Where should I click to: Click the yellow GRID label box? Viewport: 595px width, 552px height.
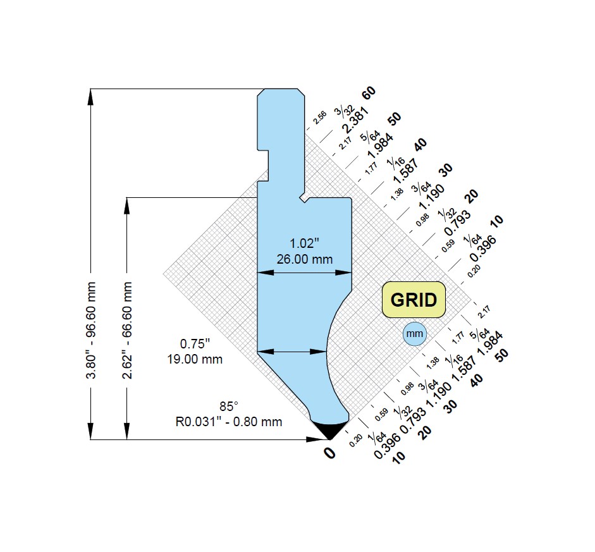click(414, 299)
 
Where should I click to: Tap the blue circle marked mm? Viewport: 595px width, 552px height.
click(414, 333)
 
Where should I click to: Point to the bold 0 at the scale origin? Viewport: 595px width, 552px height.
click(329, 452)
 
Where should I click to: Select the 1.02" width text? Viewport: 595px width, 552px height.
click(305, 243)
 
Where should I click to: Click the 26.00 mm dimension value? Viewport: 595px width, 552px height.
click(305, 259)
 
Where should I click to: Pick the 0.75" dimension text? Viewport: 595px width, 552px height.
click(195, 344)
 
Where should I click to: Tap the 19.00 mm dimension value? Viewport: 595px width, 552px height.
click(195, 359)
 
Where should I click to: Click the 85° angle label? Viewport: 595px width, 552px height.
click(228, 406)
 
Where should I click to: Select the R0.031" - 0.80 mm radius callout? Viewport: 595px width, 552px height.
click(228, 421)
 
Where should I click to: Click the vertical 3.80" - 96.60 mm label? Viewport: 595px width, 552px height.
click(92, 330)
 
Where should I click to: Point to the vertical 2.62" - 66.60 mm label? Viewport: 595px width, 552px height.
click(128, 330)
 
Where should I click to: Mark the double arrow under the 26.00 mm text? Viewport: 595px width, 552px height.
click(305, 273)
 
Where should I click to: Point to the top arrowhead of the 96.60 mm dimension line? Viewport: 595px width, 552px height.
click(92, 95)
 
